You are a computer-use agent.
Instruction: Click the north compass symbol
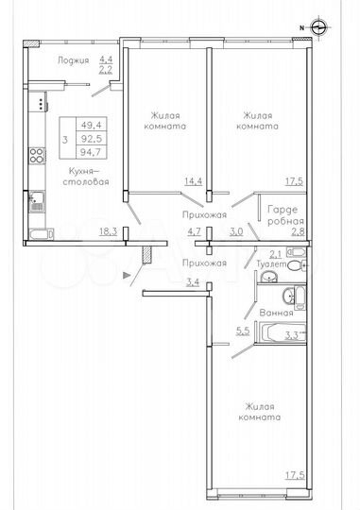[x=318, y=27]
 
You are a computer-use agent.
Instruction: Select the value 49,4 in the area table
[x=92, y=124]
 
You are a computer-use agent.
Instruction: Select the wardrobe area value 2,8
[x=297, y=229]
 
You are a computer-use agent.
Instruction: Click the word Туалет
[x=268, y=267]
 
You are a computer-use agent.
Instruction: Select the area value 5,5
[x=242, y=331]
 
